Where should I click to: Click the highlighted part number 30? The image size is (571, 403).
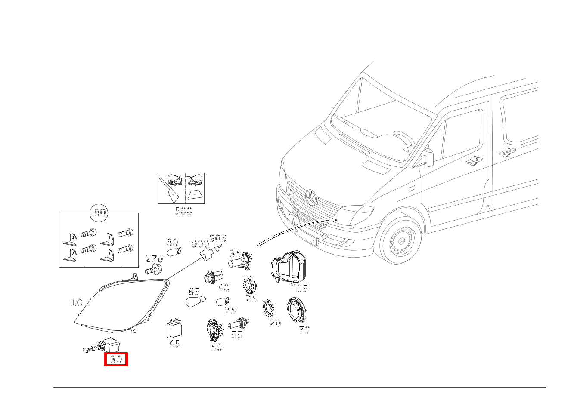pos(116,359)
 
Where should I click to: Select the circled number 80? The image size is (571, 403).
pos(99,212)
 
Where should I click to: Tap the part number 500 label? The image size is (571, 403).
pos(183,211)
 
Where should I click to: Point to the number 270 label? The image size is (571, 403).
pos(154,259)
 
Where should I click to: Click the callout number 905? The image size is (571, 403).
pos(218,238)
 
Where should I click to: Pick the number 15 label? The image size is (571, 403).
pos(302,289)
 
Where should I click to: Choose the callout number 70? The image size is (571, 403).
pos(304,330)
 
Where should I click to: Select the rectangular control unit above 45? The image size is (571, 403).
pos(174,328)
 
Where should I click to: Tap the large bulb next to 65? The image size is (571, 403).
pos(196,301)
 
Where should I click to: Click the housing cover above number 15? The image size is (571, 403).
pos(288,267)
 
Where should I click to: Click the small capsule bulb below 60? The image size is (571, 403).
pos(174,252)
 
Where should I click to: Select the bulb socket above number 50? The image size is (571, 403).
pos(215,330)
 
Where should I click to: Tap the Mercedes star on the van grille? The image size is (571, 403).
pos(311,197)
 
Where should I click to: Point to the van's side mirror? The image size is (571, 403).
pos(428,157)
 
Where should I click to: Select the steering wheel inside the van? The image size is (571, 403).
pos(404,139)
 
